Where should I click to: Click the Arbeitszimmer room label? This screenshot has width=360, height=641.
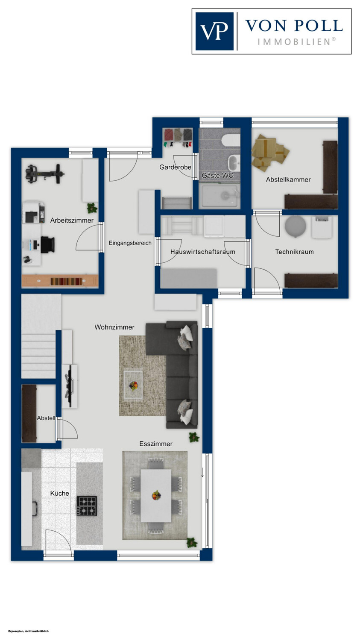pyautogui.click(x=72, y=221)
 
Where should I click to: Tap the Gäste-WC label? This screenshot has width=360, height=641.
pyautogui.click(x=217, y=175)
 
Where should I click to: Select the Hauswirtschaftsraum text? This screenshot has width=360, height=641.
pyautogui.click(x=203, y=252)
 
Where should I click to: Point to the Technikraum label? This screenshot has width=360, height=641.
pyautogui.click(x=294, y=252)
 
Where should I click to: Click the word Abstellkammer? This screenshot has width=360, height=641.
pyautogui.click(x=288, y=179)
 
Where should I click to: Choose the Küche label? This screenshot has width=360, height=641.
pyautogui.click(x=59, y=493)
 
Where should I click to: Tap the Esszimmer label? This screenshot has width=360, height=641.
pyautogui.click(x=156, y=444)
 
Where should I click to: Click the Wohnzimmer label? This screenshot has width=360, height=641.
pyautogui.click(x=114, y=327)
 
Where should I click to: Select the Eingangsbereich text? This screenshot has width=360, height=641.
pyautogui.click(x=130, y=243)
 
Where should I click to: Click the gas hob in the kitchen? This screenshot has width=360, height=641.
pyautogui.click(x=87, y=506)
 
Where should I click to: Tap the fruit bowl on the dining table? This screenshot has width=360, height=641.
pyautogui.click(x=156, y=495)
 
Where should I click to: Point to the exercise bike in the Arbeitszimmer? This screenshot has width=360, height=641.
pyautogui.click(x=44, y=173)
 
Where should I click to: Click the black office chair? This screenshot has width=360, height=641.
pyautogui.click(x=47, y=244)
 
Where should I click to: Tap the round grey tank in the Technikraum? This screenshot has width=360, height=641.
pyautogui.click(x=296, y=226)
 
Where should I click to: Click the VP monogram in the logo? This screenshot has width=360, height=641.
pyautogui.click(x=214, y=31)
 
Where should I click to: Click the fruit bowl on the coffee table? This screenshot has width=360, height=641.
pyautogui.click(x=134, y=385)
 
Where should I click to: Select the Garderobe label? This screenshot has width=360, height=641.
pyautogui.click(x=175, y=167)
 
